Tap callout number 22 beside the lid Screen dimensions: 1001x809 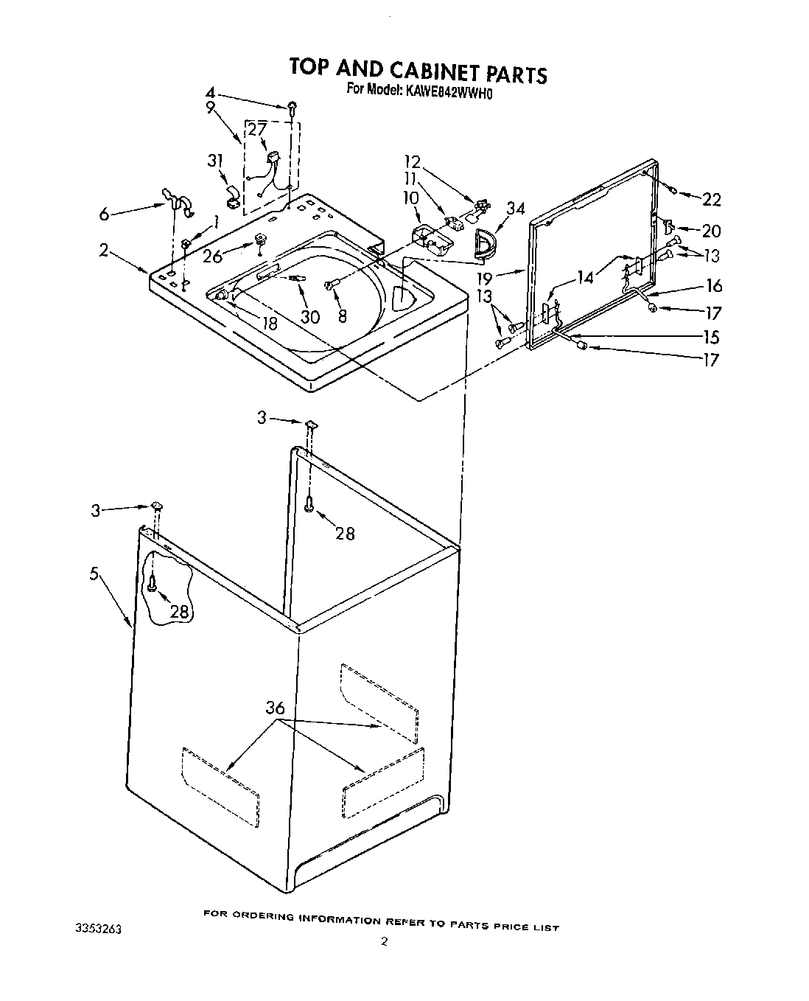pos(711,199)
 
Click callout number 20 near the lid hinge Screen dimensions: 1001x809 pos(711,231)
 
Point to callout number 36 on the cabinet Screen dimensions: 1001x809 pos(275,708)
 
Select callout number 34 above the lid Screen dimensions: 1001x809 pos(516,209)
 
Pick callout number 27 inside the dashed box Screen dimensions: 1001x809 pos(256,130)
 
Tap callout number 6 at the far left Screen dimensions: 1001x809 pos(105,214)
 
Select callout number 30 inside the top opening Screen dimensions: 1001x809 pos(310,316)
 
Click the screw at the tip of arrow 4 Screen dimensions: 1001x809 pos(293,108)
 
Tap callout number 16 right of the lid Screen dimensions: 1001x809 pos(713,286)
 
